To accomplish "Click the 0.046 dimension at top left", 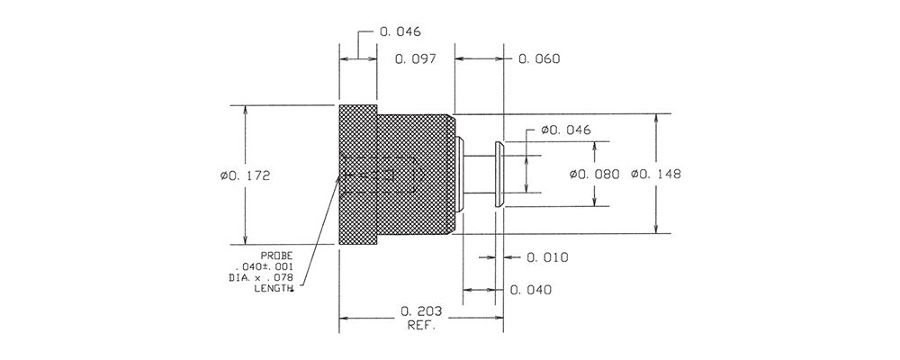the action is (400, 31).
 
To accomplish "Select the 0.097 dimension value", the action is (416, 59).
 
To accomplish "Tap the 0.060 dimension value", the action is (539, 59).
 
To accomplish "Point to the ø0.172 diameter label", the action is (245, 176).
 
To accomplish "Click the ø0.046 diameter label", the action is (565, 130).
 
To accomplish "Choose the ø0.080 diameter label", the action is (594, 174).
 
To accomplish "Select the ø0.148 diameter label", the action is (655, 174).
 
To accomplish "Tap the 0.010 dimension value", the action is (547, 257).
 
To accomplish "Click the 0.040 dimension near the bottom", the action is (531, 290).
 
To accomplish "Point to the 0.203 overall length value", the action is (422, 311).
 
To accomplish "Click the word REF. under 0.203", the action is (422, 326).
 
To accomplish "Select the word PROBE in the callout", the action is (277, 256).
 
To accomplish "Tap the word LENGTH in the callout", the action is (274, 288).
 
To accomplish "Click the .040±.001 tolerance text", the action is (264, 267).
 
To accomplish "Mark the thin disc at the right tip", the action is (499, 174).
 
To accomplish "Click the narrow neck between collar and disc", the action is (480, 174).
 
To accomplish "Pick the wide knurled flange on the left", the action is (358, 175).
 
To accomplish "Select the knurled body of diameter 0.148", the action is (416, 174).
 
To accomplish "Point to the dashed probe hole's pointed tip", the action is (425, 174).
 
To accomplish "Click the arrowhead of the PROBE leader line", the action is (339, 176).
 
